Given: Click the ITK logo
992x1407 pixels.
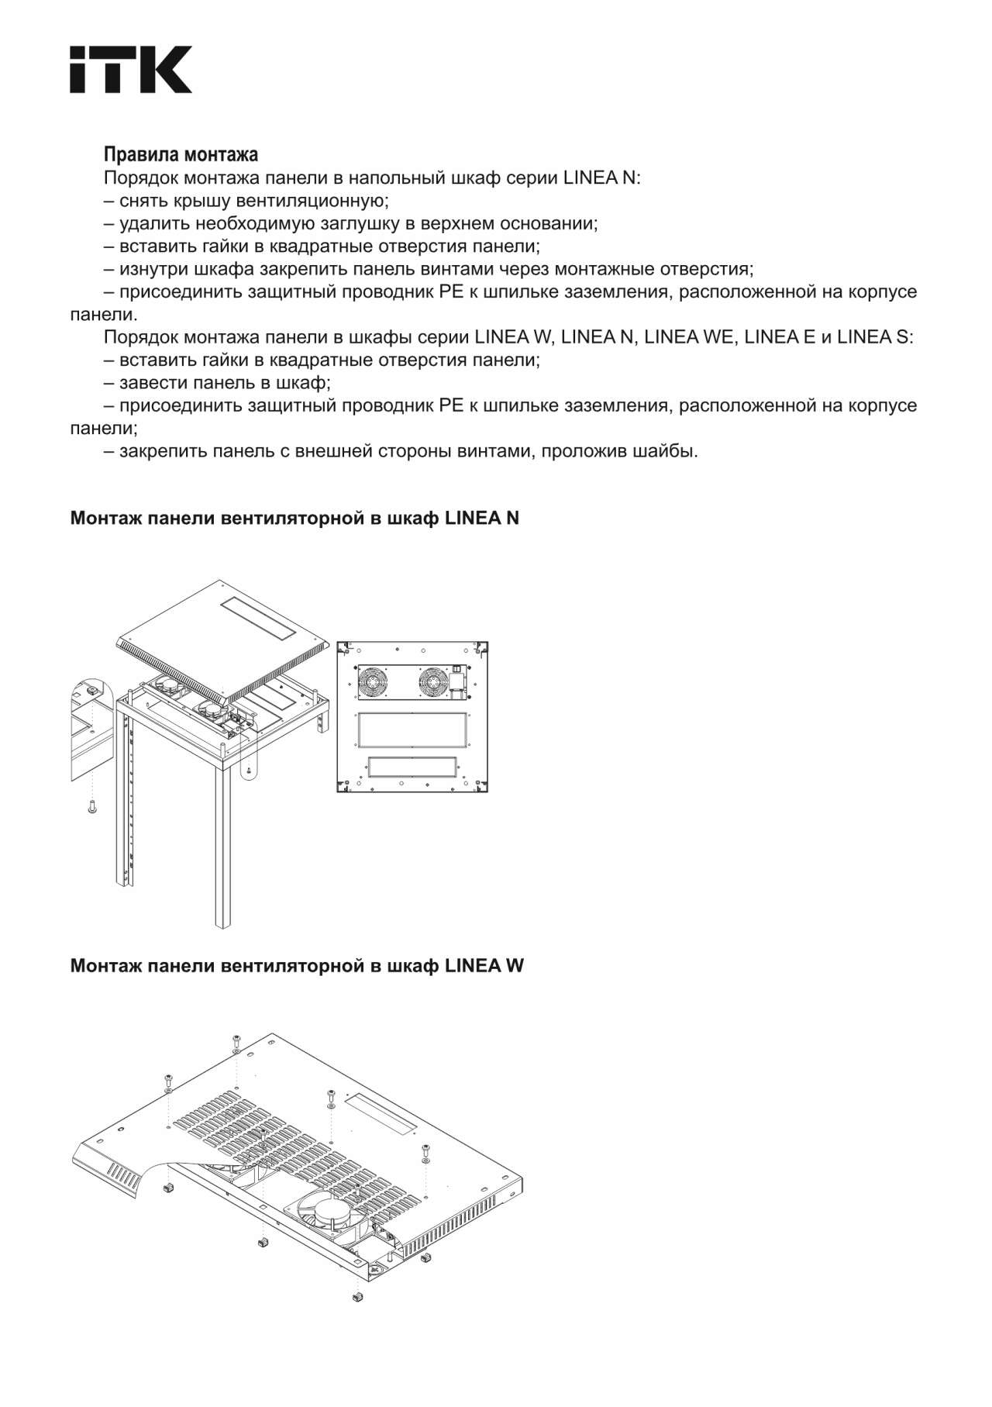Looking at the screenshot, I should [x=131, y=70].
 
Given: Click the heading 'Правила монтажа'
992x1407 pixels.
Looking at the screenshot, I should [x=181, y=154].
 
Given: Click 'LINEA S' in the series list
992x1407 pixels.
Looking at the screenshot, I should [x=874, y=337].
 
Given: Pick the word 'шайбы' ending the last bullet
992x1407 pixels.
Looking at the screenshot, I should [x=673, y=450].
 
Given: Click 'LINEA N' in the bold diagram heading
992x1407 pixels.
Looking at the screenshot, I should [x=482, y=518].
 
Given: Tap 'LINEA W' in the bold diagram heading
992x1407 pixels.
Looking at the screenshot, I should [x=484, y=966].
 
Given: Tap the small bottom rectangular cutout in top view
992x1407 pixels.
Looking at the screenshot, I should [x=412, y=768].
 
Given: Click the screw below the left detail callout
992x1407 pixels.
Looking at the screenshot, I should [x=91, y=807].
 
